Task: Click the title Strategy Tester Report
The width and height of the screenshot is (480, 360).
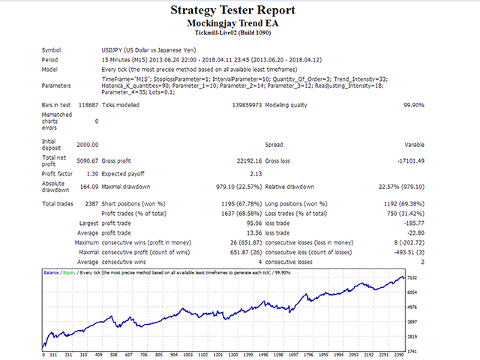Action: click(232, 10)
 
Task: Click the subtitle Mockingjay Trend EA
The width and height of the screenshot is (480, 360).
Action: click(232, 23)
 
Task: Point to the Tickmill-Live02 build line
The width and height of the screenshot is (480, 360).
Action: click(233, 33)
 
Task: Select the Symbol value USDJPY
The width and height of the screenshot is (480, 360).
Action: click(148, 50)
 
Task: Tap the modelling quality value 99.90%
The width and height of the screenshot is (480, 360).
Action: click(414, 105)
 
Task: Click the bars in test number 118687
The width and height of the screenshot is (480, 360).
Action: click(88, 105)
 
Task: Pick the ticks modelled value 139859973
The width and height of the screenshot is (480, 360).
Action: click(247, 105)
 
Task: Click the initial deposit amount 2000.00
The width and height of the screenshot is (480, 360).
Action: click(88, 145)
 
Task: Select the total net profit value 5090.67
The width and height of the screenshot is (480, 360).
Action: click(88, 161)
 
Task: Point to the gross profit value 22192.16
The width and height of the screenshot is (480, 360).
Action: click(249, 161)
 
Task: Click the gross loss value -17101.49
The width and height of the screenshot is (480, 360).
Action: click(411, 161)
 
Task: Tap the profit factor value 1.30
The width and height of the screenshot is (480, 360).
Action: click(92, 174)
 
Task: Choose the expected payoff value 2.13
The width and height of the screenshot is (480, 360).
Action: click(256, 174)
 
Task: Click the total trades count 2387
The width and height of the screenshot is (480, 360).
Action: click(91, 204)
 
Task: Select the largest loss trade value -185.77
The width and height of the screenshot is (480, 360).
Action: click(414, 223)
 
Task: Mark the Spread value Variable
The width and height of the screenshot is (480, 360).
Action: click(414, 145)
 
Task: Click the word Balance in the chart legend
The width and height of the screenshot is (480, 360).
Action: click(51, 272)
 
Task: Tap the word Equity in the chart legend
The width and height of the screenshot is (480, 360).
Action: click(69, 272)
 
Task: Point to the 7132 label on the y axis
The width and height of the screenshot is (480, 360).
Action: click(412, 277)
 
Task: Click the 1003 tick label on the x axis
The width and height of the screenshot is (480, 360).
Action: click(187, 355)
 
